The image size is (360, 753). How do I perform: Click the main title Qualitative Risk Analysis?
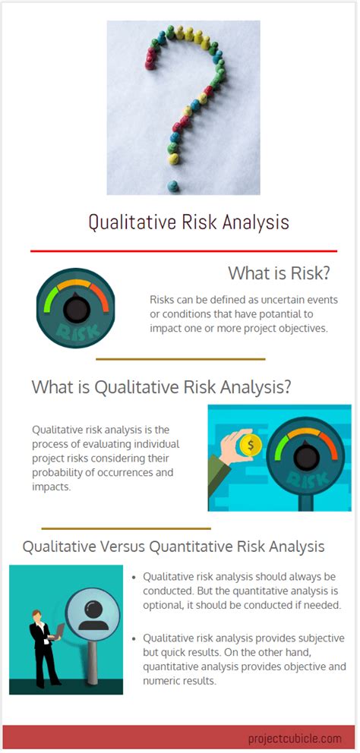tap(188, 222)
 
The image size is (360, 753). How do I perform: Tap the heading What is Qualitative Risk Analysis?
tap(161, 386)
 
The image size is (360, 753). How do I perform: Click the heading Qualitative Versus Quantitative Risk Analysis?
tap(173, 547)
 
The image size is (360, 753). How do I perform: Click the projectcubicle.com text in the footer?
tap(294, 738)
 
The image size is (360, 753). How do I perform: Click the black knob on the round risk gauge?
tap(75, 308)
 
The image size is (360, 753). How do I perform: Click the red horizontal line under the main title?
tap(183, 250)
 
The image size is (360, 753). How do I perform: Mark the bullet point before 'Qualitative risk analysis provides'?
tap(134, 638)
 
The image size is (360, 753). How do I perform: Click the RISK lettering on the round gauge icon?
tap(75, 332)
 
